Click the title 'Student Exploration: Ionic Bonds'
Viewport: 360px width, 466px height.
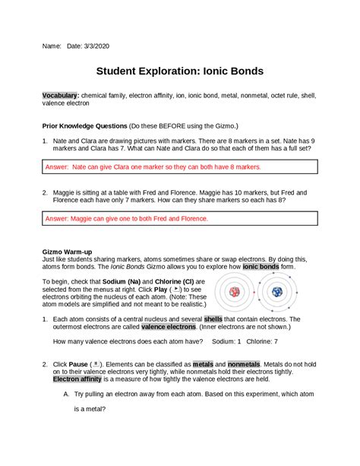[179, 71]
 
